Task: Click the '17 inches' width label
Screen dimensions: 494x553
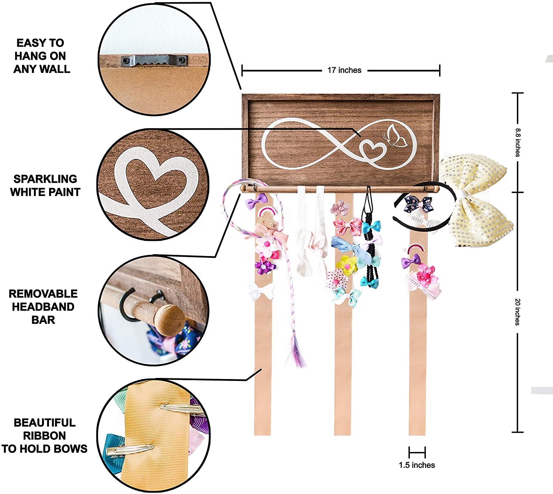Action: click(x=344, y=70)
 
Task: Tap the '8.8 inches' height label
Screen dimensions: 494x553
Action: click(x=518, y=142)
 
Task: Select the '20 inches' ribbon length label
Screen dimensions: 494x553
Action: click(x=518, y=312)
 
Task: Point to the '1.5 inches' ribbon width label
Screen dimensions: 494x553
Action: click(x=417, y=465)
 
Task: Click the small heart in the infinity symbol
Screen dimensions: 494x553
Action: click(x=372, y=150)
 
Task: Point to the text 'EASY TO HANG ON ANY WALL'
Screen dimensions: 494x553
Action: click(x=41, y=56)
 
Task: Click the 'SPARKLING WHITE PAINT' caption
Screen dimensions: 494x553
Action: click(x=45, y=185)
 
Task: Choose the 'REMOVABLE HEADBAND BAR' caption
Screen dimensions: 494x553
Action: click(x=43, y=306)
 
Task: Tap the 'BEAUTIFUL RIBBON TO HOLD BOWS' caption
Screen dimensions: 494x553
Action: click(x=44, y=435)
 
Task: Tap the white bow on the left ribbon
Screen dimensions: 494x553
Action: click(x=261, y=291)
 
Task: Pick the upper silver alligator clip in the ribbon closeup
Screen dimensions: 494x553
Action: click(x=177, y=408)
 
